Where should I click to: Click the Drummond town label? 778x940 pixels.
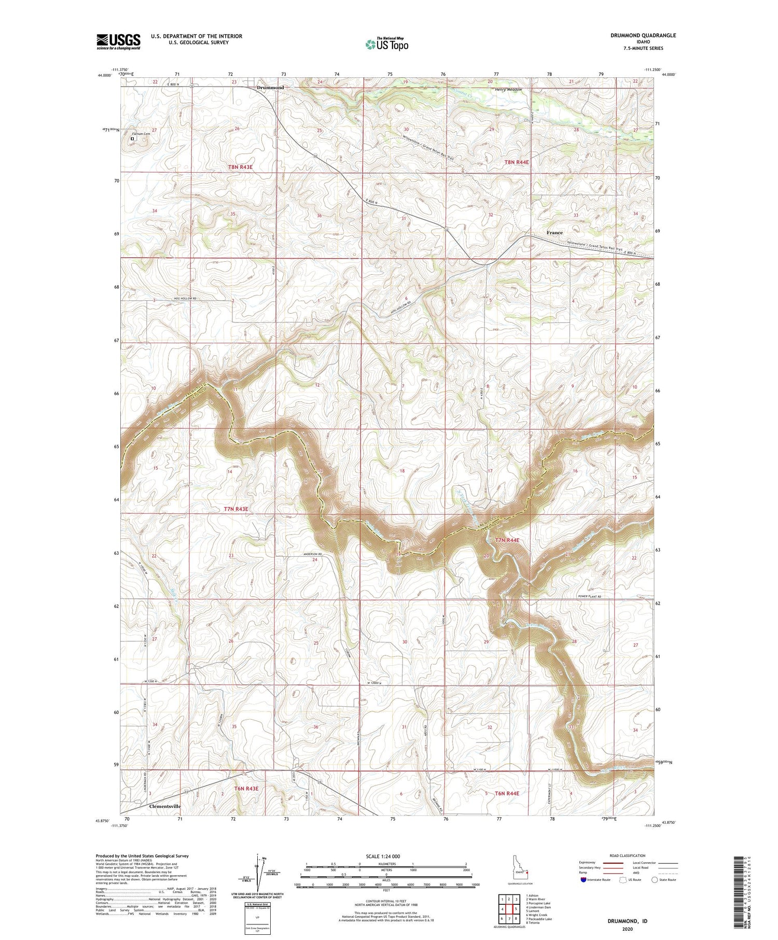click(270, 88)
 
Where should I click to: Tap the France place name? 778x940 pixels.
click(554, 232)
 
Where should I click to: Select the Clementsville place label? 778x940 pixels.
click(164, 806)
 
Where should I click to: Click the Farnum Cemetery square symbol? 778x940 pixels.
click(132, 138)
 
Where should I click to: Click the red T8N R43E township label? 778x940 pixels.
click(240, 167)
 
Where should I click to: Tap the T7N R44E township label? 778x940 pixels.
click(507, 540)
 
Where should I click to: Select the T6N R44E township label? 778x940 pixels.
click(507, 793)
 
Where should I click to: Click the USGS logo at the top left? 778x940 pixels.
click(118, 41)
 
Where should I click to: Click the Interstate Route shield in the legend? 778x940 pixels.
click(583, 880)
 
